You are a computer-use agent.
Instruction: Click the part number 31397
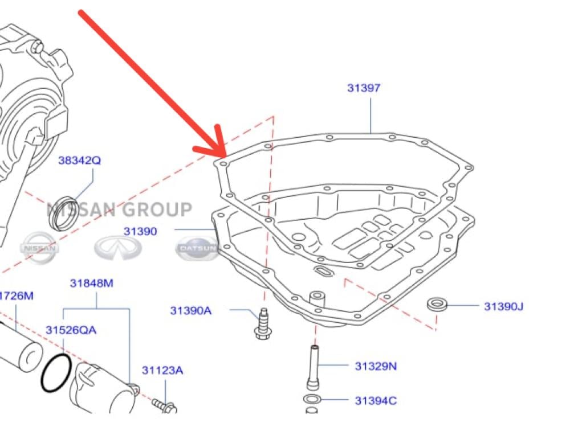point(364,88)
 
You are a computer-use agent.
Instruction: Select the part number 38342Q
point(79,161)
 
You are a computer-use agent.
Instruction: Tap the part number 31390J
point(503,306)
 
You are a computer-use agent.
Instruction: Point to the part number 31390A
point(190,310)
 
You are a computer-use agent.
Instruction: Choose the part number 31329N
point(376,366)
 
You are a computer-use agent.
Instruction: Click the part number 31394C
point(376,400)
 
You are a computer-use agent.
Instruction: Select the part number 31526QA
point(71,330)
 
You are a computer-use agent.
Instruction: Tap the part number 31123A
point(162,371)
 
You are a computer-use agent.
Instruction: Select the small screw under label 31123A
point(165,405)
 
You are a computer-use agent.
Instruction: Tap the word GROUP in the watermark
point(154,210)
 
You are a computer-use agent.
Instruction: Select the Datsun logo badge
point(197,249)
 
